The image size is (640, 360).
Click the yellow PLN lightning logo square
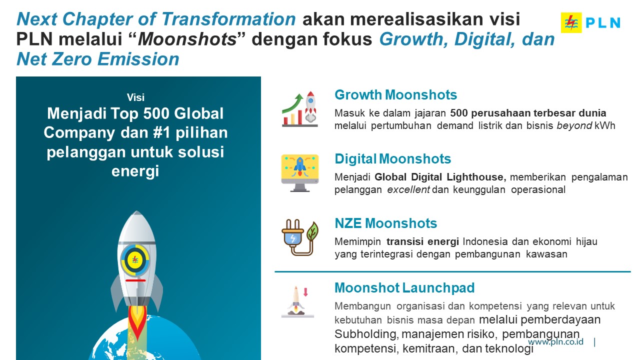coord(571,22)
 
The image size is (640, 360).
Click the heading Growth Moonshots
coord(395,95)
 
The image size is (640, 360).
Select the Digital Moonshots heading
coord(392,159)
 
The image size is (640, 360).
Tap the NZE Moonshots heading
coord(385,223)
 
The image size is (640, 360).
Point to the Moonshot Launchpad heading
coord(404,287)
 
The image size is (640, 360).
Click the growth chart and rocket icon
coord(299,109)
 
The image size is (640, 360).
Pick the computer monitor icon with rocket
coord(299,173)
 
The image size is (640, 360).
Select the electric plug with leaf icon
coord(299,237)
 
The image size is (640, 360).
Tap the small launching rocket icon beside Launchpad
coord(297,301)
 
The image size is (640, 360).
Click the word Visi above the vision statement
coord(135,97)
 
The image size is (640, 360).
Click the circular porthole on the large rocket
coord(135,260)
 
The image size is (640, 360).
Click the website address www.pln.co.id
coord(555,341)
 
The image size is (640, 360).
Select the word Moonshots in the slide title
coord(187,39)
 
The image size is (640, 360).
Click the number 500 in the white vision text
coord(155,113)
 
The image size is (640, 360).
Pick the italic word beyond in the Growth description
coord(574,126)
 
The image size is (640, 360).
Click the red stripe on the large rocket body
coord(135,280)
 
